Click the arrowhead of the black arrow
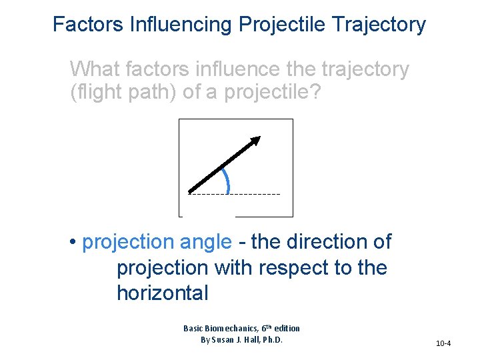(x=254, y=141)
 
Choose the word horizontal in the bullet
(x=163, y=293)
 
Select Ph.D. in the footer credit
(x=271, y=339)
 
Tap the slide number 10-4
(x=443, y=343)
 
